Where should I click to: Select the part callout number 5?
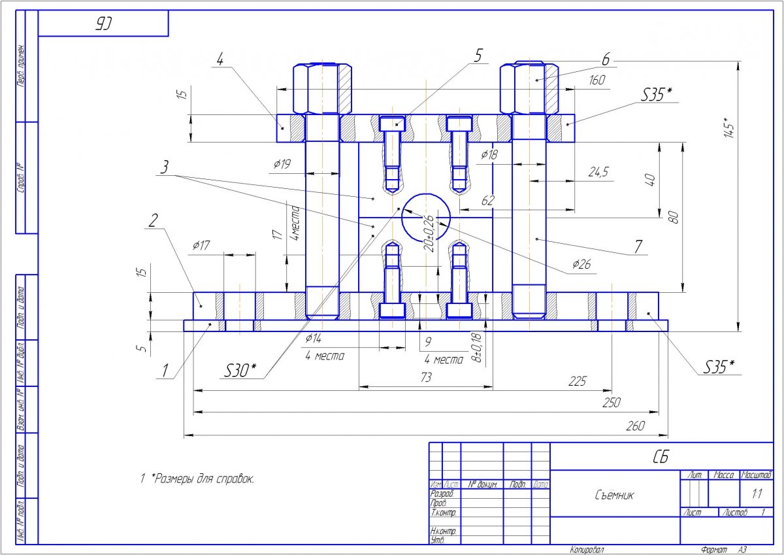tap(478, 56)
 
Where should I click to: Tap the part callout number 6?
tap(606, 59)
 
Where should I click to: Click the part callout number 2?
tap(153, 220)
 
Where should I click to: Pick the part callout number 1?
tap(165, 371)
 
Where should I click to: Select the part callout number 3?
tap(166, 167)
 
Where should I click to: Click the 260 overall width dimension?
tap(635, 426)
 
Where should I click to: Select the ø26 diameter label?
tap(581, 265)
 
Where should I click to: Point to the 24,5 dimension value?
tap(598, 172)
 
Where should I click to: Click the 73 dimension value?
tap(426, 378)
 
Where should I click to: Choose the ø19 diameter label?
tap(282, 164)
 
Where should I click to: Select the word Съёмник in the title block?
tap(613, 495)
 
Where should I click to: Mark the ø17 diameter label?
tap(202, 245)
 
